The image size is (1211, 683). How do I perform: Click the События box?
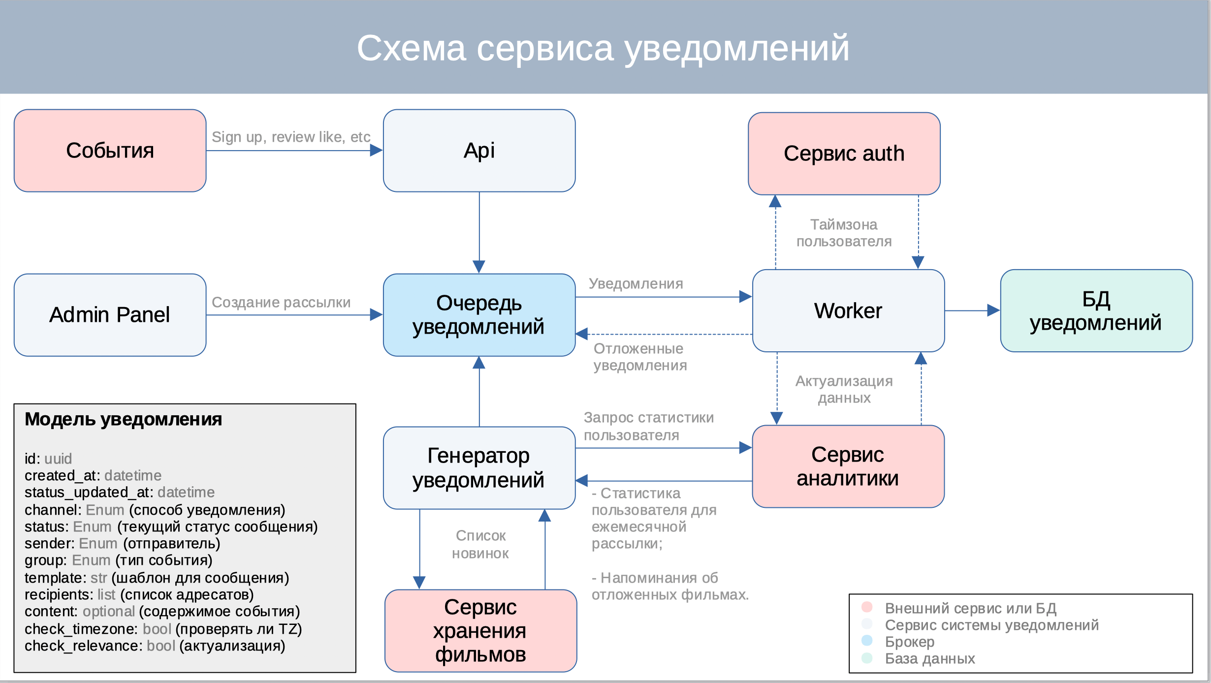[110, 151]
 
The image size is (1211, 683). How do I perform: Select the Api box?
[479, 151]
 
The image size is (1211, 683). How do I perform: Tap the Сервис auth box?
[844, 154]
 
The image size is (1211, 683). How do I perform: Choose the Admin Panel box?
[110, 315]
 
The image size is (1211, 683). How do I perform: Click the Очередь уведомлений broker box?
[479, 315]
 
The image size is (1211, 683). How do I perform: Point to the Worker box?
[848, 310]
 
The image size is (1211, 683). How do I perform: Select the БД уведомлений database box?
[1096, 310]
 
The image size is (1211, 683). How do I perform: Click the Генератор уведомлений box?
[479, 467]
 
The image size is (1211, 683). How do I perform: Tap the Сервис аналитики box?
[848, 466]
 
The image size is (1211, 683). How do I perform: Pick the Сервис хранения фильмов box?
[480, 630]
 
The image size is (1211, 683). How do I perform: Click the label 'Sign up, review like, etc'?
[291, 137]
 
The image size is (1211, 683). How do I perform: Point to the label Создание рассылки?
[281, 302]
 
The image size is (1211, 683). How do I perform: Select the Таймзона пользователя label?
[844, 233]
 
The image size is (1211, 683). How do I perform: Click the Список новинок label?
[480, 544]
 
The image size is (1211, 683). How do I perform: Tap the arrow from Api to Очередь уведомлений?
[479, 231]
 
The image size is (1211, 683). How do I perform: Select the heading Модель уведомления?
[123, 419]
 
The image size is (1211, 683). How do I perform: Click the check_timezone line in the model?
[163, 629]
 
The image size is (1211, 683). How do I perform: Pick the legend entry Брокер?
[909, 642]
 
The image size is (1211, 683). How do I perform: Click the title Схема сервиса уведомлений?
[603, 48]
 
